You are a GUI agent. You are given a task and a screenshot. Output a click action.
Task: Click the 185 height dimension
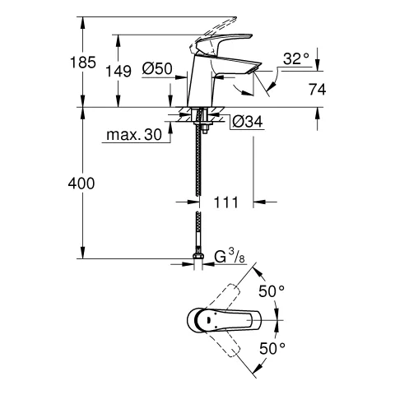coord(84,63)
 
